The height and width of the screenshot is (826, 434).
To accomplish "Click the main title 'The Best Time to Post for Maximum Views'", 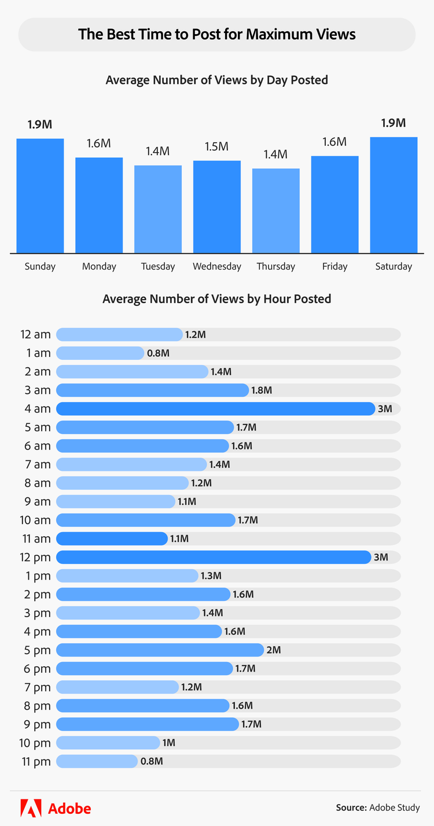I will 217,34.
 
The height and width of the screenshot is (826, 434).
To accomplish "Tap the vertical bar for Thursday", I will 276,211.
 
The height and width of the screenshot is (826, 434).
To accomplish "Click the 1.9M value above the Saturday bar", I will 393,123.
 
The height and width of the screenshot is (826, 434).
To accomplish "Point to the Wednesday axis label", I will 217,267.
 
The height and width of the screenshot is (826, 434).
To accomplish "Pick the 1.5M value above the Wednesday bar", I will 217,146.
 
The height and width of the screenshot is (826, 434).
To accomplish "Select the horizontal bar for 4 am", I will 215,409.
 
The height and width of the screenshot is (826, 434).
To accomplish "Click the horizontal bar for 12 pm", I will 214,557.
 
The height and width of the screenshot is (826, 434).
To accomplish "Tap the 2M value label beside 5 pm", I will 274,650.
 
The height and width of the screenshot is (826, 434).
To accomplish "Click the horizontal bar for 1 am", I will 100,353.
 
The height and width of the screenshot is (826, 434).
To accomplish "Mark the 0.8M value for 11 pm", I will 152,761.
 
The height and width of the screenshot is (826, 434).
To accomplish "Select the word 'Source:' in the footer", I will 351,807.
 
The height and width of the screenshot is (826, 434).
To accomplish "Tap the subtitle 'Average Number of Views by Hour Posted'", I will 217,299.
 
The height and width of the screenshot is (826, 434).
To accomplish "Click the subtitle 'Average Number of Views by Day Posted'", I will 217,80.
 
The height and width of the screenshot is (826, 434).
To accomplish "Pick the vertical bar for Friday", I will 334,204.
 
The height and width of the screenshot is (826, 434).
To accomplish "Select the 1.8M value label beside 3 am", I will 262,390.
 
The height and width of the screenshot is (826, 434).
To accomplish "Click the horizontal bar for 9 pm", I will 148,724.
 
